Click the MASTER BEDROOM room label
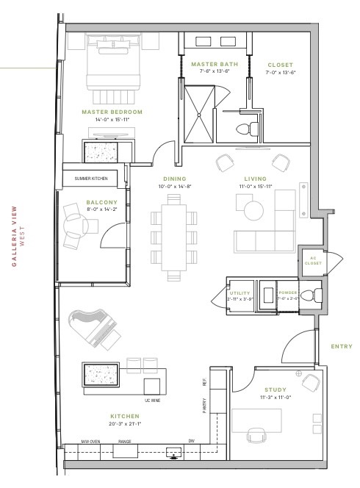tap(112, 112)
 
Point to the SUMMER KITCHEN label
tap(92, 179)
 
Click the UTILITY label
tap(238, 292)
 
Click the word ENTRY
tap(342, 346)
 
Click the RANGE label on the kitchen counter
tap(125, 442)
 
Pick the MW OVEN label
tap(91, 442)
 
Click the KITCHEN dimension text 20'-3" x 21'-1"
tap(126, 423)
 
